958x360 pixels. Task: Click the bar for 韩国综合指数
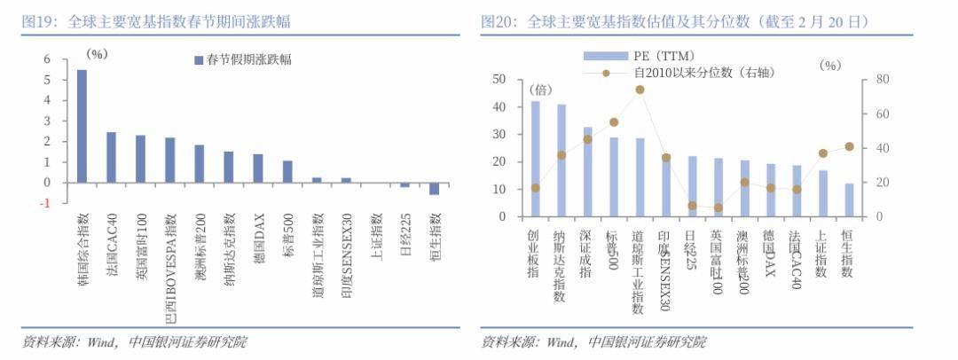click(x=82, y=126)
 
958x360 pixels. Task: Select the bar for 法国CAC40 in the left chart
click(x=111, y=157)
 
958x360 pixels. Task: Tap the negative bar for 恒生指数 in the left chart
click(x=434, y=189)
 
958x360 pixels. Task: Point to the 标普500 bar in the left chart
click(x=287, y=171)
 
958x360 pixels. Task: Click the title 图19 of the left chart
click(x=39, y=21)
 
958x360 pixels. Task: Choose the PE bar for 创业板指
click(x=535, y=158)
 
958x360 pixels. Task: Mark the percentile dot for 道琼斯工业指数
click(x=640, y=90)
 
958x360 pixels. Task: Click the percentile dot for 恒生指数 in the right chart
click(x=849, y=146)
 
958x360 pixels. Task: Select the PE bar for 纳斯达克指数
click(x=561, y=160)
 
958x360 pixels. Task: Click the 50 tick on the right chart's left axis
click(x=499, y=80)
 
